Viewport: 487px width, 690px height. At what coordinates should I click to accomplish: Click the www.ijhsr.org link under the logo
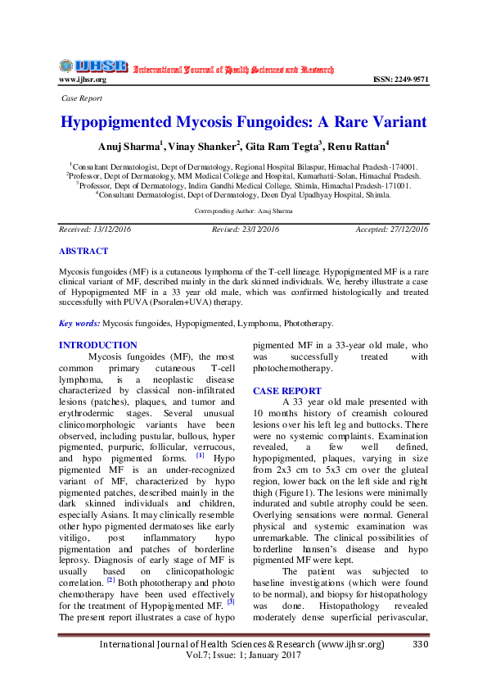[82, 79]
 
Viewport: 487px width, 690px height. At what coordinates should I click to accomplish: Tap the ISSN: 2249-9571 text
[400, 79]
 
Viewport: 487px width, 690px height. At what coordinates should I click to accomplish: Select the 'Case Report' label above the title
[83, 98]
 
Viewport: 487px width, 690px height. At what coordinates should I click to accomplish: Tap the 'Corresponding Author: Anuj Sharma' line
[243, 211]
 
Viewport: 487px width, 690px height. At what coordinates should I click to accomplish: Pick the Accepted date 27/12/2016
[404, 229]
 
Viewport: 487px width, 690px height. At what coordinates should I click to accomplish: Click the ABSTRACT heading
[83, 251]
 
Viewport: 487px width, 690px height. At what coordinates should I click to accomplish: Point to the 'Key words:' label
[79, 325]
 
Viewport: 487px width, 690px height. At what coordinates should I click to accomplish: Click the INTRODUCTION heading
[98, 346]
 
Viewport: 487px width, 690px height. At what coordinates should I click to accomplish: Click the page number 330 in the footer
[421, 644]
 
